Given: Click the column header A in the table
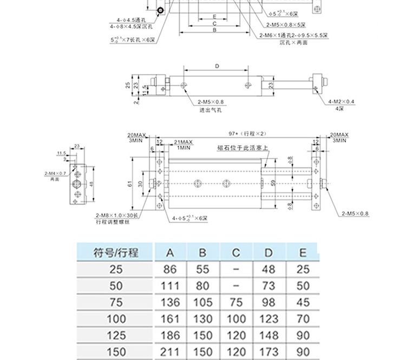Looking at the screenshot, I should [170, 252].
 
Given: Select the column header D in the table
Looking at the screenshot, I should [269, 252].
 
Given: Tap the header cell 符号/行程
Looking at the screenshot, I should [116, 252].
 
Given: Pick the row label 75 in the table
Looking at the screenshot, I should [116, 302].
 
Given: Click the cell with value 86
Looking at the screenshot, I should [170, 269].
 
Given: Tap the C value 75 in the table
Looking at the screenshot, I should [236, 302].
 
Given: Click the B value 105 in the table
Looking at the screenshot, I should [203, 302].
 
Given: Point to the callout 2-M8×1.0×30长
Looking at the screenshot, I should [117, 215].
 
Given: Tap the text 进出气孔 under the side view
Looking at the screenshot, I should [211, 109].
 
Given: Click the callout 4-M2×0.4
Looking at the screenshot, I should [342, 102].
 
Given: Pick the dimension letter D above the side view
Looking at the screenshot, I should [216, 66].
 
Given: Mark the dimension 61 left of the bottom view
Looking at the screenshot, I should [130, 184].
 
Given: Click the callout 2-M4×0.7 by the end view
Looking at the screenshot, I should [55, 173].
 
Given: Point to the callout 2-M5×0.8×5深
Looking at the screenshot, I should [286, 25].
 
